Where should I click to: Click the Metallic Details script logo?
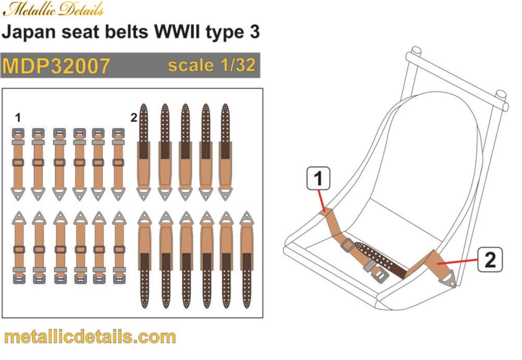pos(53,9)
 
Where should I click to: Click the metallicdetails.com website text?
pos(90,336)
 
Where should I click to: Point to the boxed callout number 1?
pos(318,178)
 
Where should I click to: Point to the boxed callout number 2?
pos(490,259)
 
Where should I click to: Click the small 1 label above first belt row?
pos(17,117)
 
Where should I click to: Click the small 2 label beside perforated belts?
pos(133,118)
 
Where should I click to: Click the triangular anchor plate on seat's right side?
pos(453,278)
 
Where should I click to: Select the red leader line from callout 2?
pos(458,262)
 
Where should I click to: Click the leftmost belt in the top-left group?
pos(18,165)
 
